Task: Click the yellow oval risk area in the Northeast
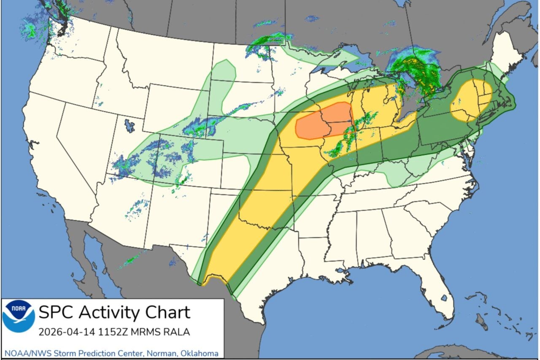pyautogui.click(x=470, y=100)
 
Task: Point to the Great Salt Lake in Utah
pyautogui.click(x=130, y=125)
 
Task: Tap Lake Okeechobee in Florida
pyautogui.click(x=443, y=298)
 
